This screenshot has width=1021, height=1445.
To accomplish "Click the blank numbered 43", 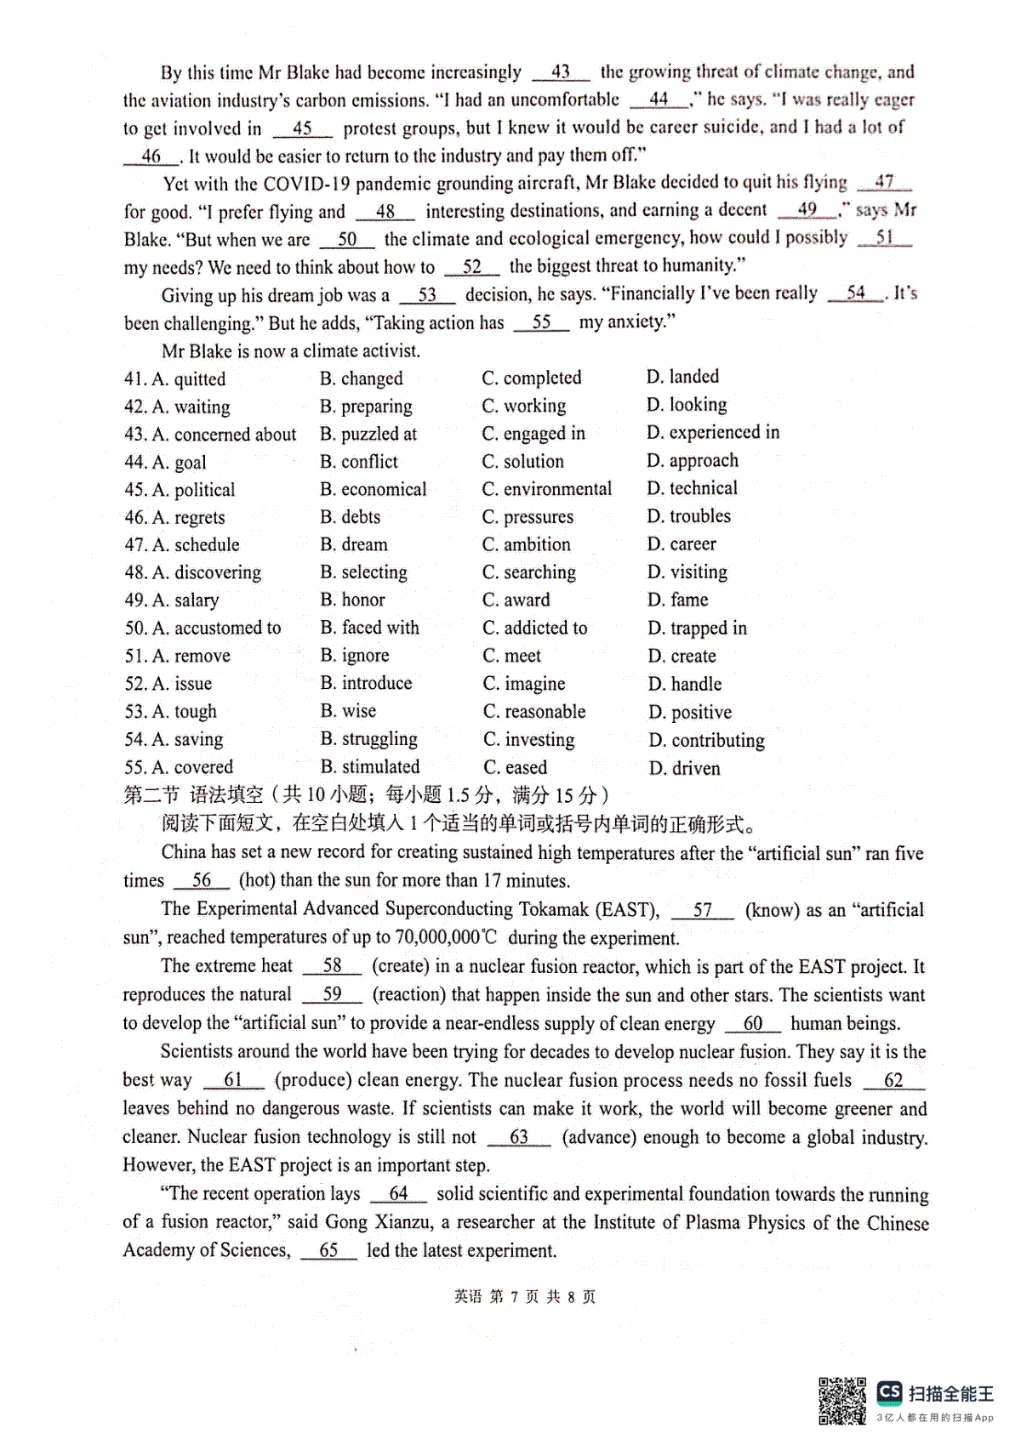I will [x=561, y=72].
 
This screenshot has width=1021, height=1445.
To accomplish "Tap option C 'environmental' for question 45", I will [x=556, y=489].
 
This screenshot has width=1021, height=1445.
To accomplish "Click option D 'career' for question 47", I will [x=693, y=544].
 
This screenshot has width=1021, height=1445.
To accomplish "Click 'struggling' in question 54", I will [x=379, y=739].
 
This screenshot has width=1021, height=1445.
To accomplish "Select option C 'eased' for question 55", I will [x=525, y=767].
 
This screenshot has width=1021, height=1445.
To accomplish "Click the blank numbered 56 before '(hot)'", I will [x=202, y=881].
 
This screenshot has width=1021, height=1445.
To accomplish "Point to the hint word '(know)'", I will [x=771, y=910].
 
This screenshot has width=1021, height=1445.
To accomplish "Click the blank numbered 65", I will [x=328, y=1250].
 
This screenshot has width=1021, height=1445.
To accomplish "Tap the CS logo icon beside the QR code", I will [x=889, y=1392].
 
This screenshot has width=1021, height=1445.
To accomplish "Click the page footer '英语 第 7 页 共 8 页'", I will [x=525, y=1297].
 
